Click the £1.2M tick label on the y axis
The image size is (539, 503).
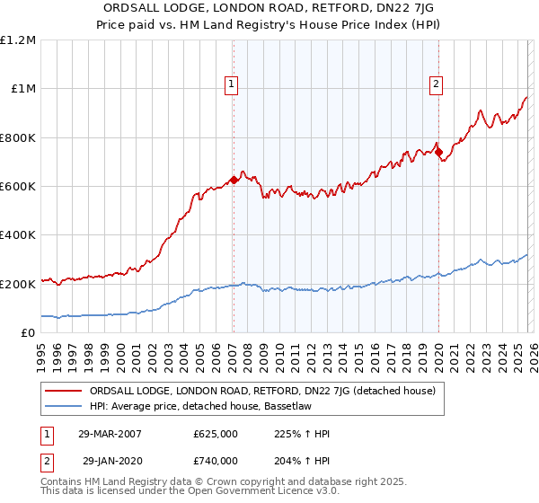(18, 40)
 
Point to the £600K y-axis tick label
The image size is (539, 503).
(18, 187)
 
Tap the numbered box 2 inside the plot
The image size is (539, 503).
(436, 85)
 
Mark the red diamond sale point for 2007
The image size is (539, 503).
(234, 180)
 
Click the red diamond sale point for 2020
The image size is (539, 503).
(439, 153)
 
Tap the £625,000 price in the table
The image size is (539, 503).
(215, 433)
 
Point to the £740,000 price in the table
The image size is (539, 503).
(215, 460)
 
